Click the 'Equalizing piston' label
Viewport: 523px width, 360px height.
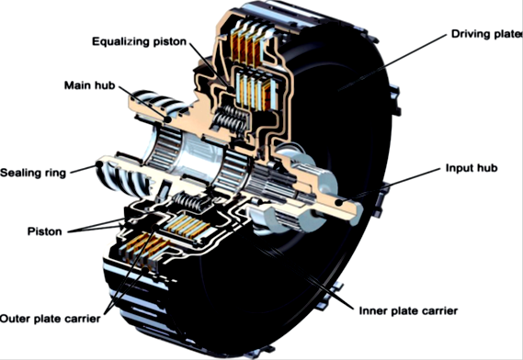pos(139,42)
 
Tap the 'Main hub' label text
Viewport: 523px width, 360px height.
pos(90,85)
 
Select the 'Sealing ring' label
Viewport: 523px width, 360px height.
pos(33,173)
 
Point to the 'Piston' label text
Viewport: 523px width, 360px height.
pos(45,231)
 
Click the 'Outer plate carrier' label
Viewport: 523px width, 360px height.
pos(50,319)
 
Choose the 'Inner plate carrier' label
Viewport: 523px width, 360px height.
pos(408,311)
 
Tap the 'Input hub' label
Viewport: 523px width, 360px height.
pos(472,168)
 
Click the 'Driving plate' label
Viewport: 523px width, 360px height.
pos(487,34)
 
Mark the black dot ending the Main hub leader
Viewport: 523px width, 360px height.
pos(167,119)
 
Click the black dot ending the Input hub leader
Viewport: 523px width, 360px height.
pos(339,202)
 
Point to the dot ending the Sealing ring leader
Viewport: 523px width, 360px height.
pos(99,164)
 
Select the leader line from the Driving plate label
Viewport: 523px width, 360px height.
pos(392,62)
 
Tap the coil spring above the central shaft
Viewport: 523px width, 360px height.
pos(231,120)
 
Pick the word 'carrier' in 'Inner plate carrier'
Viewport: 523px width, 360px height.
pos(439,311)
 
